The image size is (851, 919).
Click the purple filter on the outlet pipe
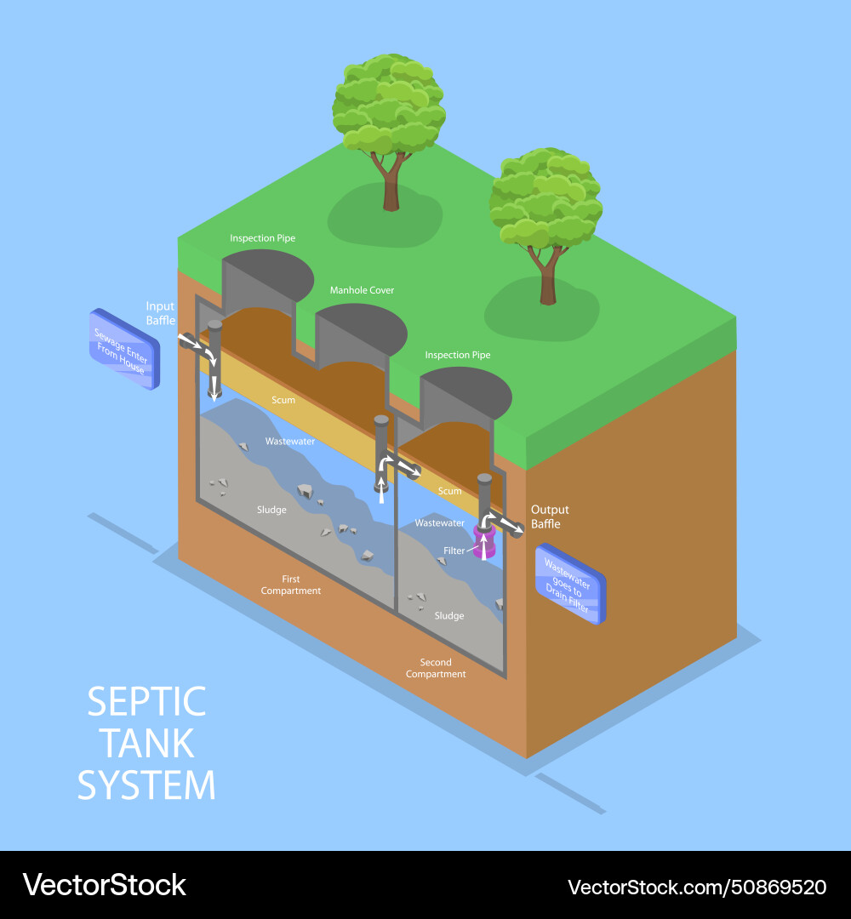pyautogui.click(x=483, y=542)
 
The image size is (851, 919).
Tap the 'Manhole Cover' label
pyautogui.click(x=362, y=290)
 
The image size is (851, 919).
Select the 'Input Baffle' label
pyautogui.click(x=160, y=313)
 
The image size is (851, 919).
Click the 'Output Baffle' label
pyautogui.click(x=550, y=517)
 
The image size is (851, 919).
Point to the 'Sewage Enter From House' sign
pyautogui.click(x=124, y=349)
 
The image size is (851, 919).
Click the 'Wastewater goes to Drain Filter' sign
pyautogui.click(x=569, y=584)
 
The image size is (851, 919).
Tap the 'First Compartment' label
pyautogui.click(x=291, y=585)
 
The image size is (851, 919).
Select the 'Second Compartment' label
pyautogui.click(x=436, y=668)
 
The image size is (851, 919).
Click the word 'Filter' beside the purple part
pyautogui.click(x=454, y=551)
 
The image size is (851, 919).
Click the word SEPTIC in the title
pyautogui.click(x=146, y=702)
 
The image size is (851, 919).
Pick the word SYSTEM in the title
pyautogui.click(x=146, y=785)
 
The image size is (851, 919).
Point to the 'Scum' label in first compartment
pyautogui.click(x=283, y=400)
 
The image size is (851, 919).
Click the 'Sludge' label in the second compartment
pyautogui.click(x=449, y=615)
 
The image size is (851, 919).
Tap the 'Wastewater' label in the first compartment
pyautogui.click(x=290, y=442)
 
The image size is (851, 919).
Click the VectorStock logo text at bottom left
pyautogui.click(x=105, y=885)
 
